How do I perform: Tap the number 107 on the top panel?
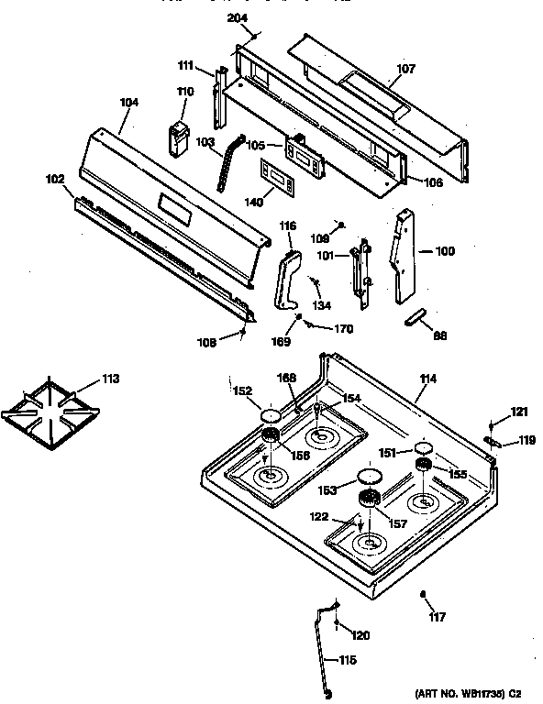click(405, 69)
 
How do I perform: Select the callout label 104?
click(129, 103)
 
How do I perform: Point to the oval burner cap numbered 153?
click(368, 476)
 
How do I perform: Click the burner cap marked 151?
click(423, 448)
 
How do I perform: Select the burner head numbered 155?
click(423, 468)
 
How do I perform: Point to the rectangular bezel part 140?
click(278, 175)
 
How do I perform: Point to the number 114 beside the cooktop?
click(427, 379)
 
